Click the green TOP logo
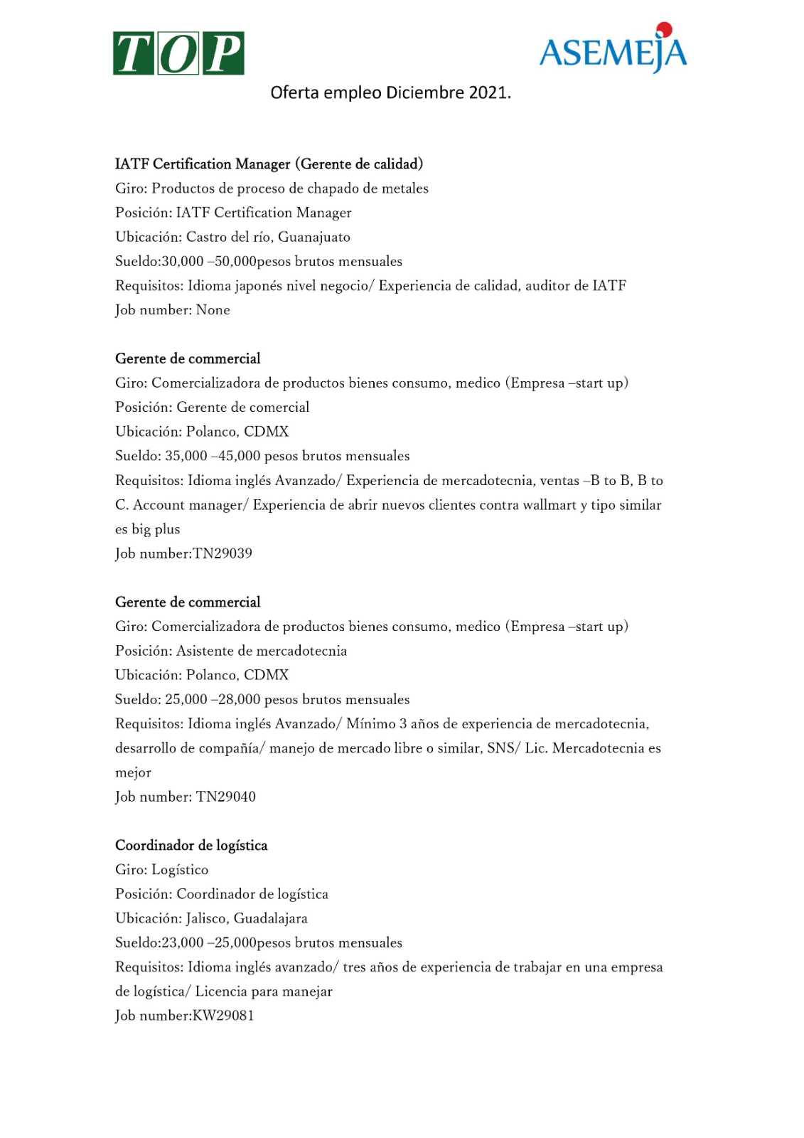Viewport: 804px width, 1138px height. tap(178, 53)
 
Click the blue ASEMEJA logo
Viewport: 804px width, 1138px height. tap(613, 52)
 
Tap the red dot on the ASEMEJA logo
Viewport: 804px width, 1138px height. tap(664, 29)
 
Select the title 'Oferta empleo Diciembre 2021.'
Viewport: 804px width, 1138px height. tap(390, 93)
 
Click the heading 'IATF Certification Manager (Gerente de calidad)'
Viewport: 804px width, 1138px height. tap(269, 164)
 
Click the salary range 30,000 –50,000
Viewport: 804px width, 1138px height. tap(208, 261)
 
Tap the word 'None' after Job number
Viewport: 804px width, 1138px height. tap(213, 310)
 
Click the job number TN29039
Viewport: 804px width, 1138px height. tap(223, 553)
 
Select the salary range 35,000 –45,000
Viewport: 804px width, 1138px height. tap(213, 456)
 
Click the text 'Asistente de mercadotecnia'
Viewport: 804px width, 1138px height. tap(262, 651)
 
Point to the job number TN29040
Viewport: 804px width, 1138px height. tap(225, 797)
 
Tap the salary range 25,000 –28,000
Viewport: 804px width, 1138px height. tap(213, 699)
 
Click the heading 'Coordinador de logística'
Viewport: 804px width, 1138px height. tap(191, 846)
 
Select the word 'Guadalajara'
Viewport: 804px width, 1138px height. tap(270, 918)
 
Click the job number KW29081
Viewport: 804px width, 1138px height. tap(223, 1016)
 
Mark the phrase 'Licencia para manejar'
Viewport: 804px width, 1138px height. tap(264, 991)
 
